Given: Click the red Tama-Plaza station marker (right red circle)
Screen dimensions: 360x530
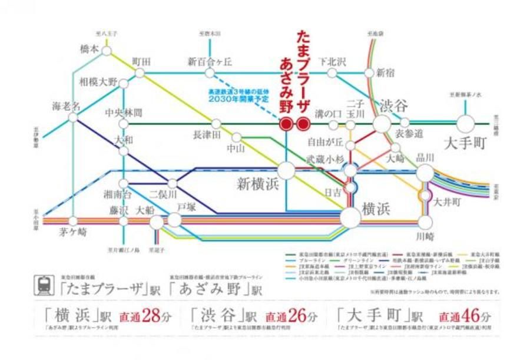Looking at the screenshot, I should point(303,124).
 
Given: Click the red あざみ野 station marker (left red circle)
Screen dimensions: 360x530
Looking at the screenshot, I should point(286,124).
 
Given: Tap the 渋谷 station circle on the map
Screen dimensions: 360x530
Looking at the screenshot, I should point(382,124).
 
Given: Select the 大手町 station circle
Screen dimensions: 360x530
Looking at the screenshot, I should point(465,124).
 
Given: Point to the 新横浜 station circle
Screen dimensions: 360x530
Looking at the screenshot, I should point(286,170).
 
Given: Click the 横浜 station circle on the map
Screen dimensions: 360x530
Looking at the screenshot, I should point(350,218).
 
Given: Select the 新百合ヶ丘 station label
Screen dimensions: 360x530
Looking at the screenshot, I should point(210,61).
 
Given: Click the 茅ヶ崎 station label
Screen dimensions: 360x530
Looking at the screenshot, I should point(73,232).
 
